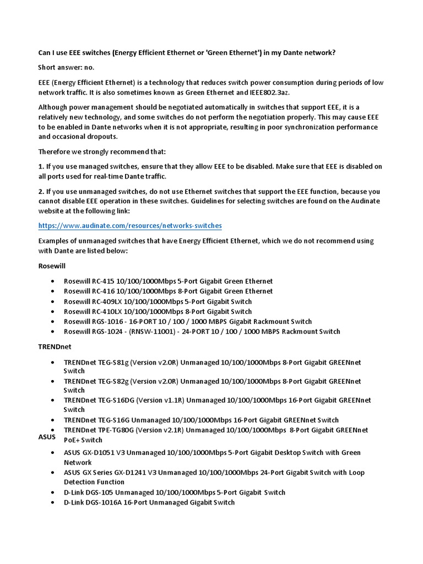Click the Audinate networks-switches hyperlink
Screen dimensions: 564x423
pyautogui.click(x=130, y=226)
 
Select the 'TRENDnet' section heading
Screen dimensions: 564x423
pyautogui.click(x=55, y=347)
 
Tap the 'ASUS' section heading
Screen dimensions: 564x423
pyautogui.click(x=46, y=437)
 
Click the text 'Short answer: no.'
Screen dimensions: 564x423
pyautogui.click(x=66, y=67)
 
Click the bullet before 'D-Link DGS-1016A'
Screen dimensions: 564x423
pyautogui.click(x=52, y=502)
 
